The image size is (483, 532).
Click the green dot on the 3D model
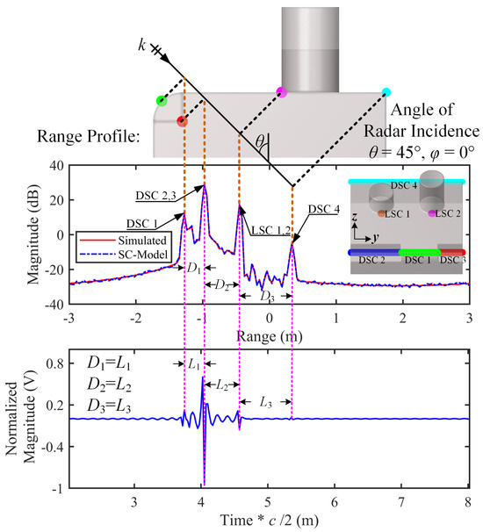pyautogui.click(x=162, y=101)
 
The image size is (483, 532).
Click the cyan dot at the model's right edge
pyautogui.click(x=386, y=91)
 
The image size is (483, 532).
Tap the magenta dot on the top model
pyautogui.click(x=281, y=91)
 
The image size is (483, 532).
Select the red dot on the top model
pyautogui.click(x=181, y=121)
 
